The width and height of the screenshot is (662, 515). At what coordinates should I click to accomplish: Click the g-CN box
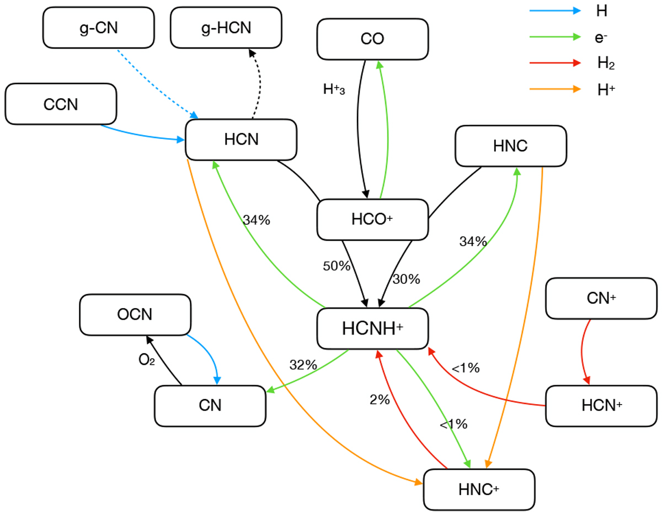coord(98,28)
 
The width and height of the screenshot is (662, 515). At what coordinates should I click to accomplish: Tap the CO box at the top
coord(373,39)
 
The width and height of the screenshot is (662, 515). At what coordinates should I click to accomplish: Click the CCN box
coord(61,104)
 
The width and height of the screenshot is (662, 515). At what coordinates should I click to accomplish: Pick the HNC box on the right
coord(511,146)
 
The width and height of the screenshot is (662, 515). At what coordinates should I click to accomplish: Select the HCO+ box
coord(373,220)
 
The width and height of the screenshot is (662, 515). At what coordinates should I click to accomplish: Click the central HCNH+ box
coord(373,328)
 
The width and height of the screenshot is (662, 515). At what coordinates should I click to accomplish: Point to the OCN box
coord(135,315)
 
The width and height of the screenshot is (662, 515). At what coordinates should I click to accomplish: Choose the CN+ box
coord(602,299)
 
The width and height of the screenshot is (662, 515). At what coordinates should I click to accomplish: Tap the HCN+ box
coord(602,406)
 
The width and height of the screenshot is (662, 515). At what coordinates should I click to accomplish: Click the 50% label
coord(337,266)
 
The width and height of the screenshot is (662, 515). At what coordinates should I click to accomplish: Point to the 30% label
coord(406,279)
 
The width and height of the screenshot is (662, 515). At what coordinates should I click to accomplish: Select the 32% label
coord(303,365)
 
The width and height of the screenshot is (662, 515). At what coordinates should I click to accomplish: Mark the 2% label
coord(380,400)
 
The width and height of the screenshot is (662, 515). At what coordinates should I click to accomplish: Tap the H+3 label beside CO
coord(334,89)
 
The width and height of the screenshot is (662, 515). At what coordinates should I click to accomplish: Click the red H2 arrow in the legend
coord(554,63)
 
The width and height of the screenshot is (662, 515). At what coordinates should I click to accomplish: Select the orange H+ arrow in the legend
coord(554,88)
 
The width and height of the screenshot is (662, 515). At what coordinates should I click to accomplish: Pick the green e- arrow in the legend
coord(554,37)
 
